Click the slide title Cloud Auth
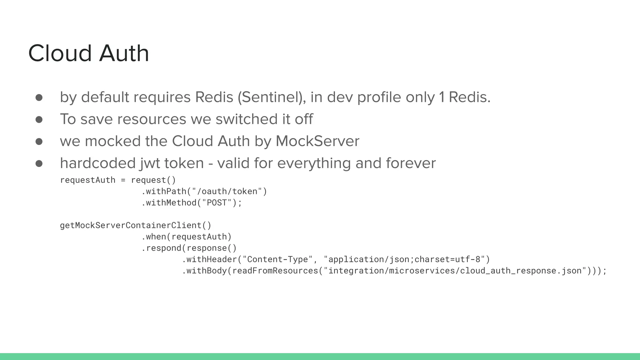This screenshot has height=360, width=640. click(x=88, y=53)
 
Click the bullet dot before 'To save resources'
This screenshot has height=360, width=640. click(x=39, y=119)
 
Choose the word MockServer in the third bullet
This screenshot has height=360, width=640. click(x=317, y=141)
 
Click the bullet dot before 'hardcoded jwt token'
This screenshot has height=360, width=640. click(x=39, y=163)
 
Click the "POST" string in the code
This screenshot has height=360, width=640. click(x=217, y=203)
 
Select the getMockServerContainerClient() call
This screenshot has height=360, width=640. click(x=136, y=225)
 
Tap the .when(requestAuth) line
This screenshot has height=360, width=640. click(x=187, y=237)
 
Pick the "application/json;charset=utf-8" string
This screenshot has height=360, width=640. click(x=404, y=259)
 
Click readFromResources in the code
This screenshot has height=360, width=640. click(x=275, y=271)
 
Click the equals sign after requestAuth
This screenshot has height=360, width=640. click(x=123, y=180)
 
